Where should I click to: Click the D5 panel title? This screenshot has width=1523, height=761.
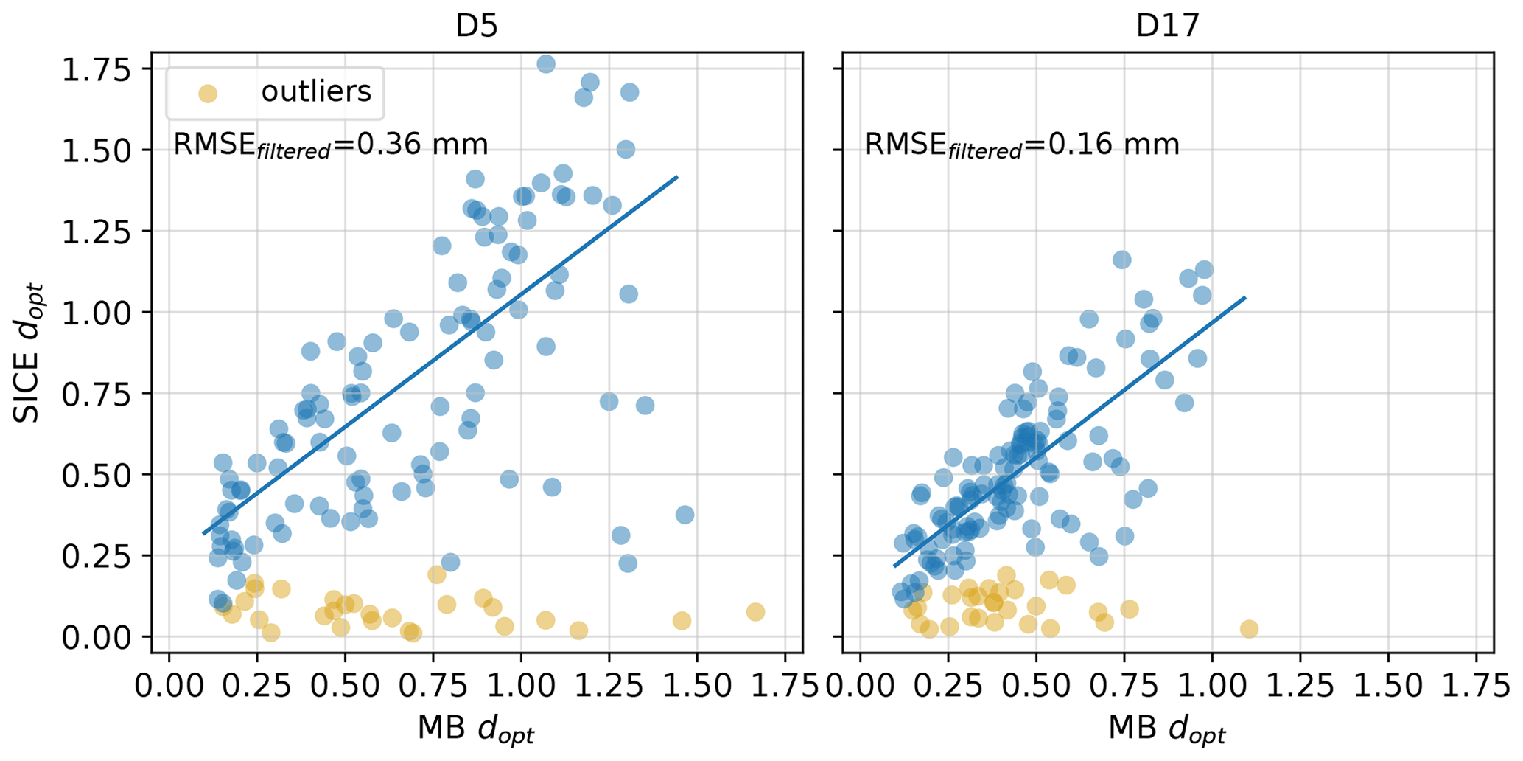(x=477, y=26)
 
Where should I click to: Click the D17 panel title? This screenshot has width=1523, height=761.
(x=1168, y=26)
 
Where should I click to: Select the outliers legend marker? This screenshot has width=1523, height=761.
(x=208, y=94)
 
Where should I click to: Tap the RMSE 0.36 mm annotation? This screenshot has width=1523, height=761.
(x=330, y=145)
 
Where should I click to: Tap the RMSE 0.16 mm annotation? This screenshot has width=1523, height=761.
(x=1021, y=145)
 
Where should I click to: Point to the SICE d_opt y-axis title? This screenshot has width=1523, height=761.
(x=28, y=352)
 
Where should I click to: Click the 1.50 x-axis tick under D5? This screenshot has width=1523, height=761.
(x=697, y=687)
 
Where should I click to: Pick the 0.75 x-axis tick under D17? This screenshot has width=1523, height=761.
(x=1124, y=687)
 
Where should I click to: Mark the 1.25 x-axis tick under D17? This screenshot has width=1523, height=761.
(x=1300, y=687)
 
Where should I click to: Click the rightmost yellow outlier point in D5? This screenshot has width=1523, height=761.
(x=755, y=612)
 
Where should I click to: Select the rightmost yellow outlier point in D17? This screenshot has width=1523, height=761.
(x=1249, y=629)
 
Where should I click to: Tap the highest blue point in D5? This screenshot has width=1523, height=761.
(x=546, y=63)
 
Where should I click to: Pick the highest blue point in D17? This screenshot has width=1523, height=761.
(x=1122, y=260)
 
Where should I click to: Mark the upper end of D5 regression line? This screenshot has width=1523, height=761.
(x=676, y=177)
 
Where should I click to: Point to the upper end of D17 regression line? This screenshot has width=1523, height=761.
(x=1245, y=298)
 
